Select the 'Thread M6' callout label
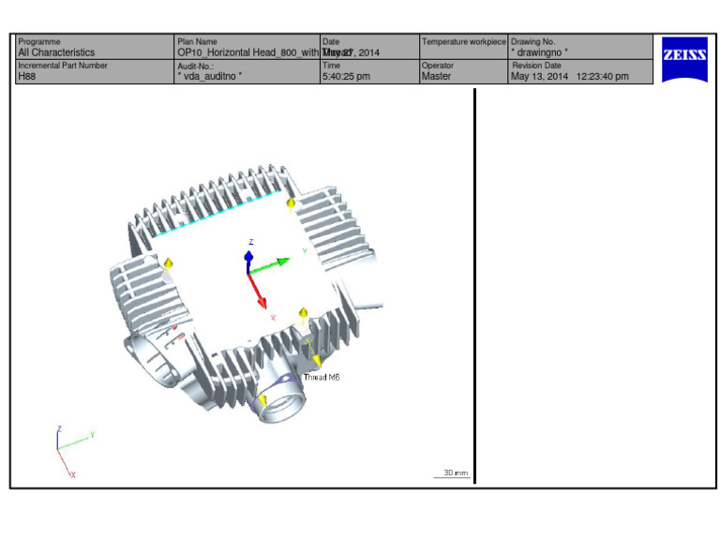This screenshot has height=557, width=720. click(322, 377)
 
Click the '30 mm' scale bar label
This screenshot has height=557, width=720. click(455, 473)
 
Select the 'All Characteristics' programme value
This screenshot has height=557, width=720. click(56, 53)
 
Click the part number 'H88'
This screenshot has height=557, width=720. click(26, 77)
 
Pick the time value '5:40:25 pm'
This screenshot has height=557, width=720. click(345, 77)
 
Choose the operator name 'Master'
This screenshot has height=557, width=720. click(436, 77)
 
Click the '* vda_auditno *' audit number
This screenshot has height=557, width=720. click(209, 77)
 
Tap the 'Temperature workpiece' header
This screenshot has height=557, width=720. click(464, 42)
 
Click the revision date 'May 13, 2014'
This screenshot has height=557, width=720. click(538, 77)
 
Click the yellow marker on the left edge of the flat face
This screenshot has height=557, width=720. click(169, 264)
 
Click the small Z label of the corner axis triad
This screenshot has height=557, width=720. click(59, 429)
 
